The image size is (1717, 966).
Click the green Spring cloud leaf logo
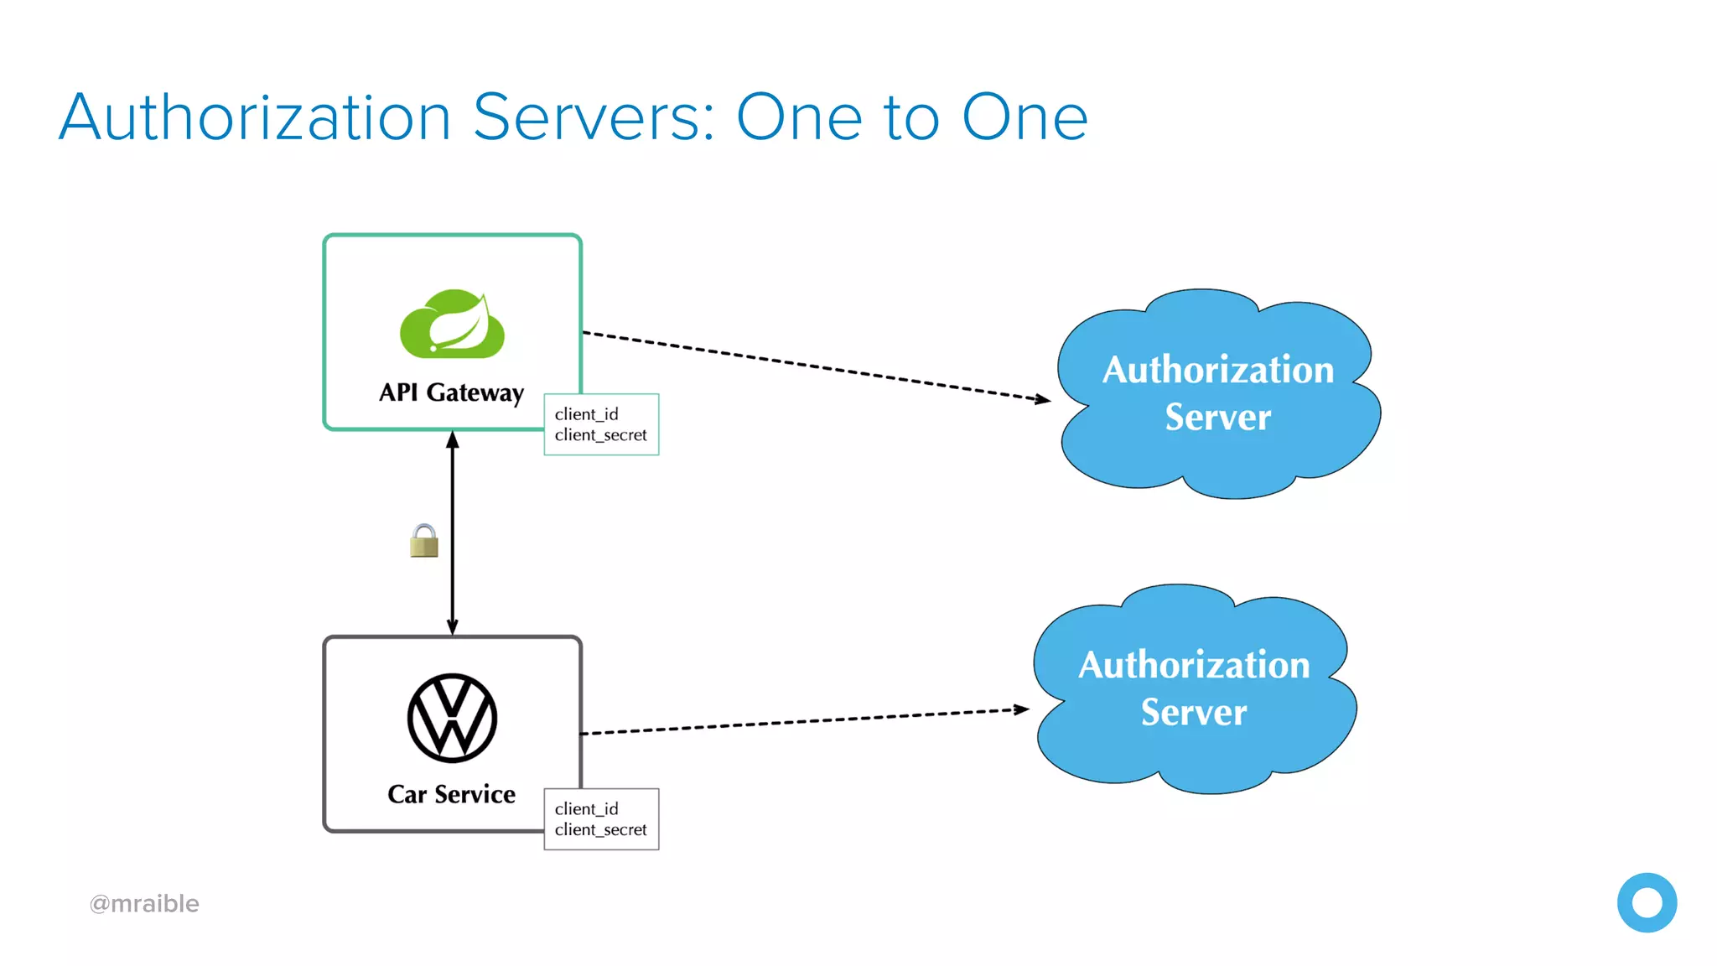[452, 325]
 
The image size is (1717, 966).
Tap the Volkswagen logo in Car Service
[452, 718]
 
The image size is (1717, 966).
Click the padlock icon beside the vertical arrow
[424, 542]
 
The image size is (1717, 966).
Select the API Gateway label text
[451, 392]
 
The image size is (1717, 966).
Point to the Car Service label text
[451, 794]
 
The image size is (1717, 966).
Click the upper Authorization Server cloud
[1217, 393]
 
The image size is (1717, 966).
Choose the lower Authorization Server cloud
[1194, 688]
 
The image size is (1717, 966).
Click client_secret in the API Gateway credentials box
[600, 435]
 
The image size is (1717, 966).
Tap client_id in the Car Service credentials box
[586, 808]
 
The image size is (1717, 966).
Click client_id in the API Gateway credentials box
[586, 414]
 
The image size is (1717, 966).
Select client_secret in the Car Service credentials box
[600, 829]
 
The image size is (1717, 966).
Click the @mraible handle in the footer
[144, 903]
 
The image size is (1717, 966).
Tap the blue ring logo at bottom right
[1647, 903]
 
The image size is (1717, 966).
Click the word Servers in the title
[594, 117]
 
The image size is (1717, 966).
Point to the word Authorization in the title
[256, 117]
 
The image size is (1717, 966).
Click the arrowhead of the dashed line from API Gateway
[1044, 400]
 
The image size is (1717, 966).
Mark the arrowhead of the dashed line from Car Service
[1022, 709]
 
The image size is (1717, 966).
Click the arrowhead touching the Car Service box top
[452, 626]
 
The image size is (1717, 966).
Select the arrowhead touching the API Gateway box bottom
[452, 439]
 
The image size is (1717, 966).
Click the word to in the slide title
[910, 117]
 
